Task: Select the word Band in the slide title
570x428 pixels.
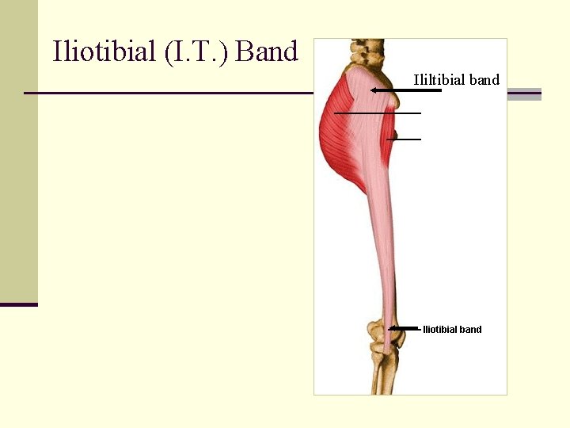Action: [x=267, y=52]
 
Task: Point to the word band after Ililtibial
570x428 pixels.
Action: [x=484, y=79]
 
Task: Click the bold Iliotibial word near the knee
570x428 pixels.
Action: [x=441, y=330]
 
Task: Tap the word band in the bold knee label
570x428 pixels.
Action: [x=471, y=330]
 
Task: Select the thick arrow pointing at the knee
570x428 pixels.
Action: [x=404, y=328]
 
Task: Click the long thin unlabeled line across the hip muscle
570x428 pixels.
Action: [x=377, y=113]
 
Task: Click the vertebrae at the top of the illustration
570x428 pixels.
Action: [x=367, y=51]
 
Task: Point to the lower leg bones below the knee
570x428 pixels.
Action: [x=383, y=373]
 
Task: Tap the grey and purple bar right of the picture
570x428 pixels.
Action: [x=523, y=94]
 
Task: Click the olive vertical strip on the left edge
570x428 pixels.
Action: [x=18, y=151]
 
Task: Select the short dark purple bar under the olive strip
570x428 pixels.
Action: [x=18, y=304]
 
